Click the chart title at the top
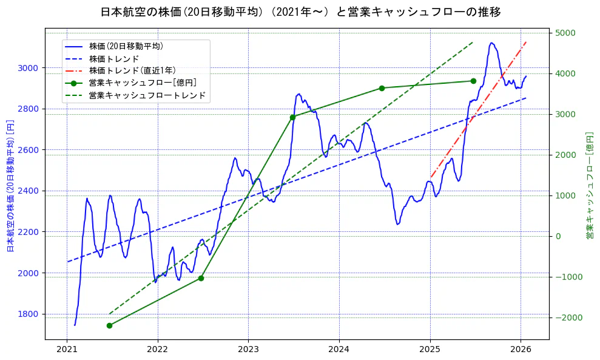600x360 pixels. (300, 12)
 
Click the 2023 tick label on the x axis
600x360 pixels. (248, 350)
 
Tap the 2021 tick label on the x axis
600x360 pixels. (67, 350)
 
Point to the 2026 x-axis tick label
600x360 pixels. (521, 350)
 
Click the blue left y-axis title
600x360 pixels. (10, 185)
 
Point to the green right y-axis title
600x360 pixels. (589, 185)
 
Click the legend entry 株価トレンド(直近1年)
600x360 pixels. (131, 70)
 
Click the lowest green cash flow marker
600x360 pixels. (109, 325)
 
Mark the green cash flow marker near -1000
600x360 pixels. (201, 278)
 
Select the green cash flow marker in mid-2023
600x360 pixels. (292, 117)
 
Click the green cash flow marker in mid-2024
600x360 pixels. (382, 88)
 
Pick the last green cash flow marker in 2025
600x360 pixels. (473, 81)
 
